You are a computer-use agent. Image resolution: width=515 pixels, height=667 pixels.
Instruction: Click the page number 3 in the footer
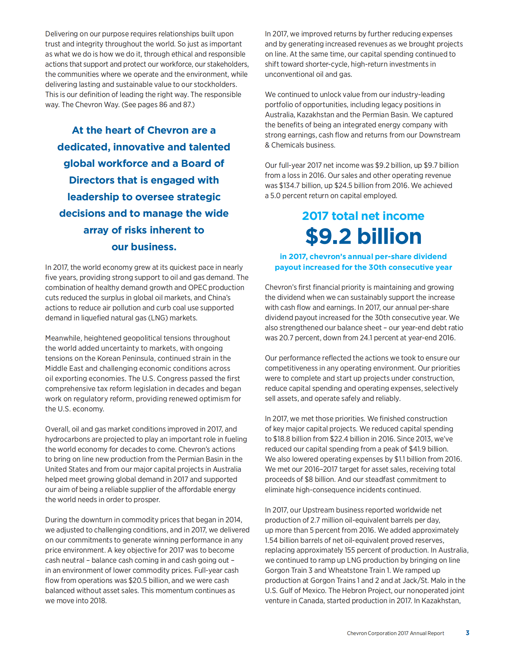(x=467, y=633)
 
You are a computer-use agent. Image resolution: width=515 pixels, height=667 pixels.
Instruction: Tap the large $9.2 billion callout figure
(x=363, y=236)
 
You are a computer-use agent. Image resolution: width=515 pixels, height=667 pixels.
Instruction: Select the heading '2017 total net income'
(x=363, y=216)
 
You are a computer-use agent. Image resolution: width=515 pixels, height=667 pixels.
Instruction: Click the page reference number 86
(x=163, y=105)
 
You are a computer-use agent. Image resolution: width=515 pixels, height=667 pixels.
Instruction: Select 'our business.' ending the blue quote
(x=144, y=247)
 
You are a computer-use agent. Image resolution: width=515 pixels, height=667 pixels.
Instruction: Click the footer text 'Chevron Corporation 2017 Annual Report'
(x=395, y=633)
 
